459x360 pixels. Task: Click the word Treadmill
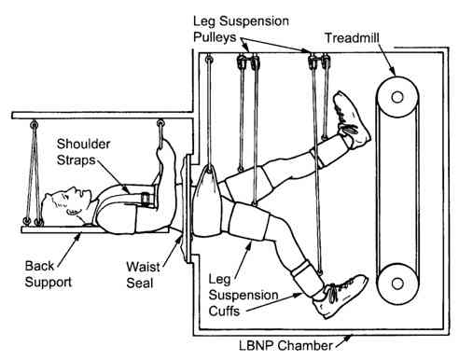point(352,38)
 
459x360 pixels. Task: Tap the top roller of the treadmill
point(397,97)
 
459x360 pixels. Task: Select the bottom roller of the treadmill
point(397,284)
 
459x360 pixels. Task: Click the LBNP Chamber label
point(285,345)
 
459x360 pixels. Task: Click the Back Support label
point(49,274)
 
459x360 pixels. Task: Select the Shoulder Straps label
point(83,152)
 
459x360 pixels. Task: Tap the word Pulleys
point(215,37)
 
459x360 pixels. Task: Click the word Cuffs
point(224,311)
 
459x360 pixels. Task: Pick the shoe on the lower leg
point(341,296)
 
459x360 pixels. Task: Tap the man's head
point(67,203)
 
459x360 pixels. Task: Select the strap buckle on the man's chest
point(146,199)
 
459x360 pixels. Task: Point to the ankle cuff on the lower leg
point(308,277)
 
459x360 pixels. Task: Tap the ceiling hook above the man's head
point(35,125)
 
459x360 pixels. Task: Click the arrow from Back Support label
point(69,250)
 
